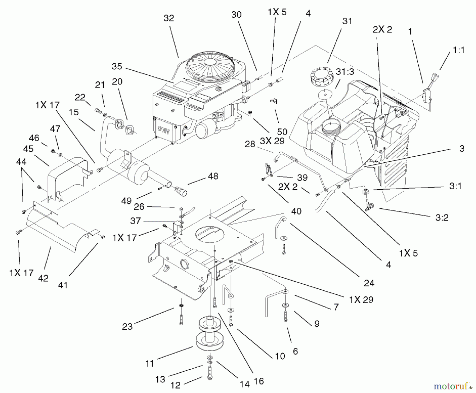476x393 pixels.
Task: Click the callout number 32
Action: point(169,18)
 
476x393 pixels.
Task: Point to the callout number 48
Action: point(213,176)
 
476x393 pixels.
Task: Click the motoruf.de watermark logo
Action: point(453,386)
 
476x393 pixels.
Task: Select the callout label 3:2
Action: point(442,218)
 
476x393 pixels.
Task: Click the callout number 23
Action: point(127,326)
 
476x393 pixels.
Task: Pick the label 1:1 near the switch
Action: point(459,50)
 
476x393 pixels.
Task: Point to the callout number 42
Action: point(43,278)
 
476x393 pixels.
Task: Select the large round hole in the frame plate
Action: point(209,234)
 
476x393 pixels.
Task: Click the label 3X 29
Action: point(272,141)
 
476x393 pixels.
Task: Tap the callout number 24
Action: point(369,283)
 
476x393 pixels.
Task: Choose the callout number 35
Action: point(117,66)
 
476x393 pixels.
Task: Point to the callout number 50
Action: point(282,131)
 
